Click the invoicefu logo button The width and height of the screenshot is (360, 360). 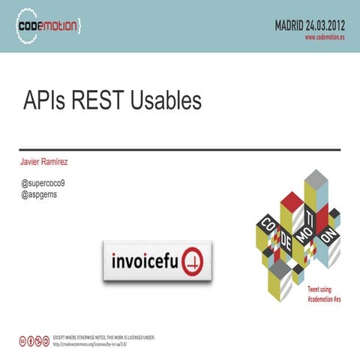[x=157, y=262]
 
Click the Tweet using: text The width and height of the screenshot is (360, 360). [x=326, y=289]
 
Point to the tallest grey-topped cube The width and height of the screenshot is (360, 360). [x=316, y=178]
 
